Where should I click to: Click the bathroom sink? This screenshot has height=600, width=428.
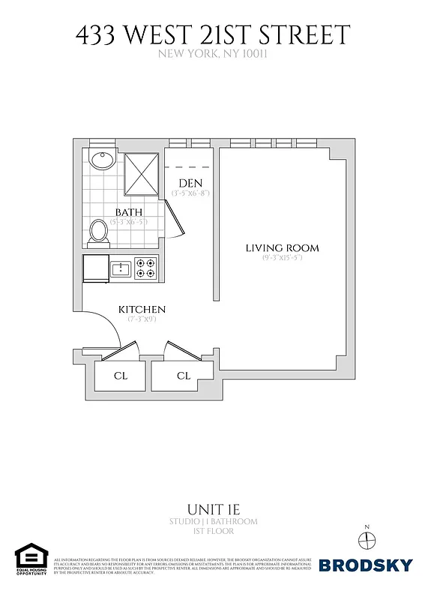100,160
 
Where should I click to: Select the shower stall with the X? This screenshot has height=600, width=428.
141,170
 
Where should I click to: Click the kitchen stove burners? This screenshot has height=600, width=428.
145,268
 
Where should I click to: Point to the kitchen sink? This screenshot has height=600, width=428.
121,268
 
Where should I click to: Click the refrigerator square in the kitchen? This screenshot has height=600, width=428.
96,268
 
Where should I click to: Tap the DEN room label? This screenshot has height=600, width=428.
191,184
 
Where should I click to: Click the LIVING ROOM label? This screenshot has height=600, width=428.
282,248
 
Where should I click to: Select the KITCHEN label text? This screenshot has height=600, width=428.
142,310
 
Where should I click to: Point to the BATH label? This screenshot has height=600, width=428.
128,212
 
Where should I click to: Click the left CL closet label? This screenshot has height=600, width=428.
121,376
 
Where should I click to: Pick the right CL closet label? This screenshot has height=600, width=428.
184,376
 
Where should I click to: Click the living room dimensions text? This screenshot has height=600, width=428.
282,259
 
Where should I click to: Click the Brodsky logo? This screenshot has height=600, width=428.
365,565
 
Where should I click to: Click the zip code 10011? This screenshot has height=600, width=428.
253,53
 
